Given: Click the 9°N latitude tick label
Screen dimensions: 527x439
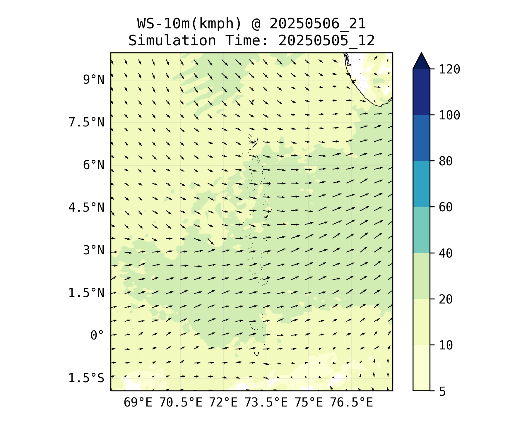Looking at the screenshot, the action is (x=94, y=80).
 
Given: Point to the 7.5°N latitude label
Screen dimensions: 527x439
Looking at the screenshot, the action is (x=86, y=122).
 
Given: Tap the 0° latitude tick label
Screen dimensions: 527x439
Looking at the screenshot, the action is (x=97, y=335).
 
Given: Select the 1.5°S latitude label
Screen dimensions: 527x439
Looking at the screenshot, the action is (x=86, y=378).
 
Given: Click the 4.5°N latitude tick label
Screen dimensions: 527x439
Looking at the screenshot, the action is (x=86, y=208).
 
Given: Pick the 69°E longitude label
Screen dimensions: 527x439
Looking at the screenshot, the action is (x=138, y=403).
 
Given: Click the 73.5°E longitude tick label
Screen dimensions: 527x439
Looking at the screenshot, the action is (x=266, y=403).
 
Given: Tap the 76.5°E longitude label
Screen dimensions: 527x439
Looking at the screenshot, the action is (x=351, y=403).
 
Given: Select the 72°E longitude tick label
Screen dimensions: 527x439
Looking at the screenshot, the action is (x=223, y=403).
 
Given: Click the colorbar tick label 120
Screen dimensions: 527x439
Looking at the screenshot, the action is (x=449, y=70).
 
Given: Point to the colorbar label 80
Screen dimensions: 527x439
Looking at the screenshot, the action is (x=446, y=161).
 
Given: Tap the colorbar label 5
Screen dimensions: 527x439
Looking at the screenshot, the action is (x=442, y=391).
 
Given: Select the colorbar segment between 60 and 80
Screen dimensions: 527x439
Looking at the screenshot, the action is (x=421, y=184).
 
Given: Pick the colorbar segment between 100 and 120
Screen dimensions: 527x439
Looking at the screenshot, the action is (x=421, y=92).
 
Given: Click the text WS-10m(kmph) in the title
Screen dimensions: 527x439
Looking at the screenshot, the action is (x=189, y=24).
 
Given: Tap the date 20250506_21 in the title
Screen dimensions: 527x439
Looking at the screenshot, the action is (x=318, y=24).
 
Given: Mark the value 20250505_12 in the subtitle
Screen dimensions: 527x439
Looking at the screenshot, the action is (x=326, y=41).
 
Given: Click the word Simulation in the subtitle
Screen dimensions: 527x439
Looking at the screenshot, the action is (x=172, y=41).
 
